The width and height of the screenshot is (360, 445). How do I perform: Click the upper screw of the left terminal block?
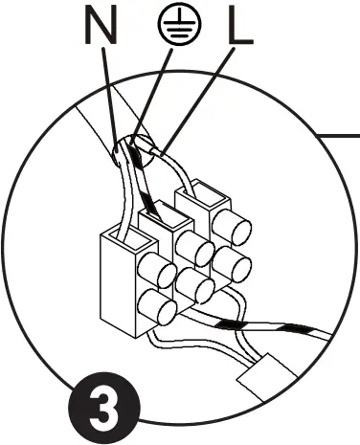click(x=152, y=267)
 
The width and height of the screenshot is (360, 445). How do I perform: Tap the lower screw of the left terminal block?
click(x=155, y=307)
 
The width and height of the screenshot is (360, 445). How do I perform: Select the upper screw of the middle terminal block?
click(x=196, y=249)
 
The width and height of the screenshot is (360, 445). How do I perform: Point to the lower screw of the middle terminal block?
click(x=197, y=284)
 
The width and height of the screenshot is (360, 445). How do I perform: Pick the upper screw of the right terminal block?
click(x=233, y=231)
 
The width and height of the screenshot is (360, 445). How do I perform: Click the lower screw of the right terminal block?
click(x=234, y=263)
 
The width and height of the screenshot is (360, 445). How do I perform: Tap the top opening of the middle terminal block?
click(x=158, y=215)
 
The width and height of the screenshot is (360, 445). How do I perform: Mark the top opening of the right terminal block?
click(x=195, y=196)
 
